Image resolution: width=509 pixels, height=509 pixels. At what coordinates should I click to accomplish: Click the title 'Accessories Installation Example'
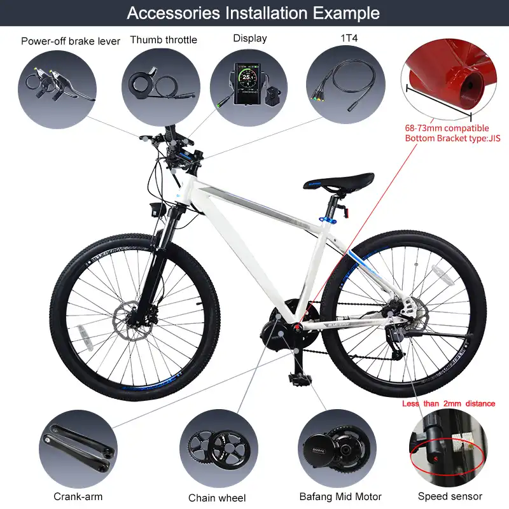tap(253, 13)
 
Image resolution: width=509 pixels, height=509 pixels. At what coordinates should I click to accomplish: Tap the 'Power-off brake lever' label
tap(71, 41)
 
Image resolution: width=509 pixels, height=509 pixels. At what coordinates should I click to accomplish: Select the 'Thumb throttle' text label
tap(164, 40)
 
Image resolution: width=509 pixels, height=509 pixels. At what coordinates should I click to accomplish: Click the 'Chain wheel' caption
tap(217, 498)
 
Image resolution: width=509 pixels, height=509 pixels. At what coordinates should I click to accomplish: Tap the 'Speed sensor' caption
tap(450, 496)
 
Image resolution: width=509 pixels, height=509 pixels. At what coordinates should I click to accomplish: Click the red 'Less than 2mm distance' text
tap(449, 403)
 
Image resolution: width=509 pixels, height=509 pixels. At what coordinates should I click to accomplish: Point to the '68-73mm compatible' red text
tap(443, 127)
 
